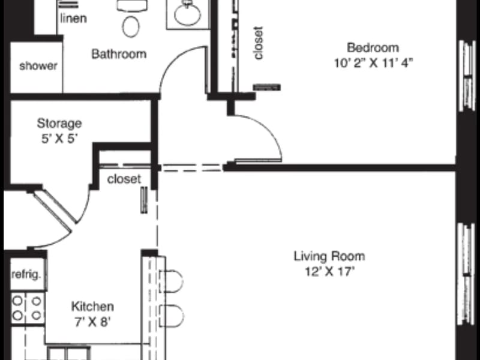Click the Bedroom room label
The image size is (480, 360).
[x=373, y=48]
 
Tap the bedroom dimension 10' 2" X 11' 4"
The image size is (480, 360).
[x=373, y=63]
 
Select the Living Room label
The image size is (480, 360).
[x=329, y=256]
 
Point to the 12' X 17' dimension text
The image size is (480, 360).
[x=329, y=272]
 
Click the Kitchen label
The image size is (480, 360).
[x=92, y=307]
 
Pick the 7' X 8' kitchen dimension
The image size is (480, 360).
[x=92, y=322]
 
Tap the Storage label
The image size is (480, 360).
[x=59, y=124]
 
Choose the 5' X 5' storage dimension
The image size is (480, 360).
[x=59, y=139]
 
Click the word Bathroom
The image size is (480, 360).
[x=119, y=54]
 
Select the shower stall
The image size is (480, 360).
[x=37, y=67]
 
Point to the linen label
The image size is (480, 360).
[x=73, y=19]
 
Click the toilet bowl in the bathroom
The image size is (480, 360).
[x=131, y=26]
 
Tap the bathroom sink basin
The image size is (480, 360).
[x=187, y=14]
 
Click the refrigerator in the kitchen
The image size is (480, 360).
[x=28, y=275]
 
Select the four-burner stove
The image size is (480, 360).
[x=28, y=308]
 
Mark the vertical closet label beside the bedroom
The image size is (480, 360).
[x=258, y=43]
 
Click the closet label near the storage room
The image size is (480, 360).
[x=124, y=179]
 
